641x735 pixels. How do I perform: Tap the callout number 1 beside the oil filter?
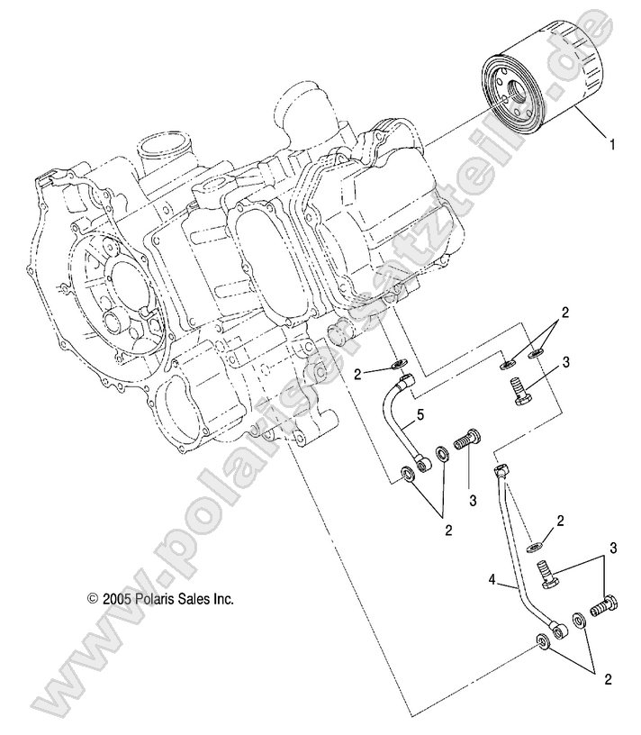pyautogui.click(x=613, y=142)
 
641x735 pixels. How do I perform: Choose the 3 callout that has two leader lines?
pyautogui.click(x=613, y=548)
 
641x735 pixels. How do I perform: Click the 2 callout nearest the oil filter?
pyautogui.click(x=564, y=313)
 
